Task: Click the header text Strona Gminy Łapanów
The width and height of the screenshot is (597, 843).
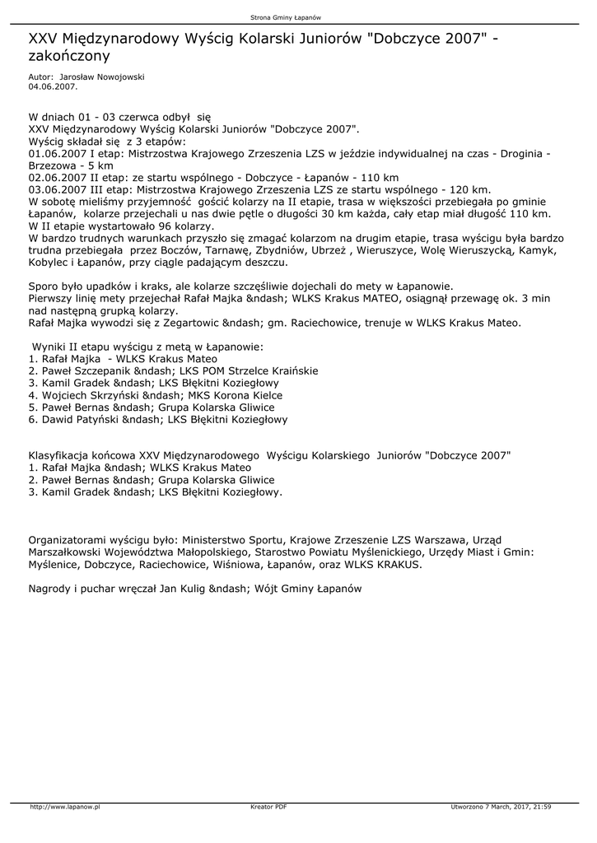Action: (x=297, y=16)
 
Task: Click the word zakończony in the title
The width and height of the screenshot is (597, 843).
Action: (x=69, y=56)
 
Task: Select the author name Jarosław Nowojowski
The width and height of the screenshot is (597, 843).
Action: (x=97, y=77)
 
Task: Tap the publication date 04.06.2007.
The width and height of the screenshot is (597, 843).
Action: (x=53, y=85)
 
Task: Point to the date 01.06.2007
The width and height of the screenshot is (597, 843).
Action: (x=56, y=153)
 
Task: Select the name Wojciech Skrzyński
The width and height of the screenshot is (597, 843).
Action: (x=91, y=395)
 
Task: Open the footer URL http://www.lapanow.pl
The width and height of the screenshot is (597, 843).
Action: (x=64, y=807)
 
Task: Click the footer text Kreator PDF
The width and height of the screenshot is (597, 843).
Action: (x=268, y=807)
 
